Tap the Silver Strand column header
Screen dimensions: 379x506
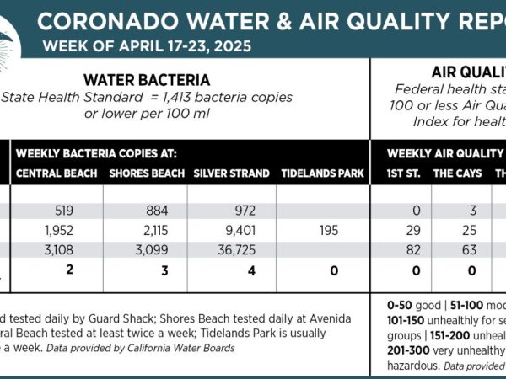pyautogui.click(x=231, y=173)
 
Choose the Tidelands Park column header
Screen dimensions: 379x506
pyautogui.click(x=322, y=173)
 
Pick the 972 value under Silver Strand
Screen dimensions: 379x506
pyautogui.click(x=233, y=211)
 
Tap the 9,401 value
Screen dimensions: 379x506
pyautogui.click(x=232, y=230)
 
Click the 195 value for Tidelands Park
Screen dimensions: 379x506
pyautogui.click(x=322, y=230)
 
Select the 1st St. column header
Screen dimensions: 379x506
pyautogui.click(x=401, y=173)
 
